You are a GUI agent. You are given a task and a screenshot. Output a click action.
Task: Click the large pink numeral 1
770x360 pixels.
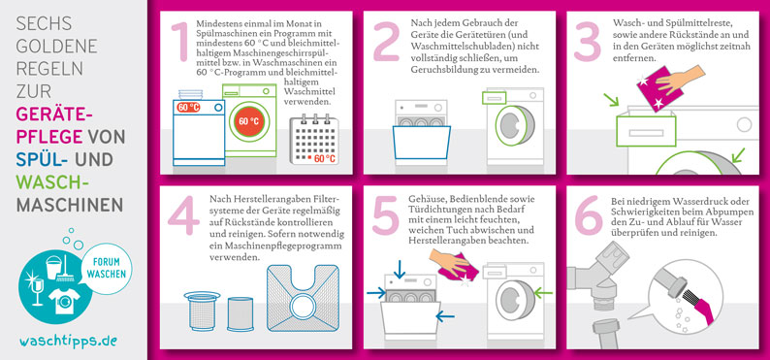click(x=180, y=43)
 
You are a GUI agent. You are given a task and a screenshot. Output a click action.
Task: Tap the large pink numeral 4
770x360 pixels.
click(x=183, y=215)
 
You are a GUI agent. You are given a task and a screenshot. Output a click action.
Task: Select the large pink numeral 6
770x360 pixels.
click(x=588, y=215)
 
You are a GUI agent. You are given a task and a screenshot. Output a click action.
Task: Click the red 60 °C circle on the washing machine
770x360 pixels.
click(x=249, y=121)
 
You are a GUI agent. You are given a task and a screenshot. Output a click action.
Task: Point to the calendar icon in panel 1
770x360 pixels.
click(x=314, y=140)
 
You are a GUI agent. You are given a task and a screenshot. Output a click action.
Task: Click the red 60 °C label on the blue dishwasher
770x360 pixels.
click(x=188, y=107)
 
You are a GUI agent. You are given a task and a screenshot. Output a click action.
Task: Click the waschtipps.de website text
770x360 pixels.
click(x=68, y=341)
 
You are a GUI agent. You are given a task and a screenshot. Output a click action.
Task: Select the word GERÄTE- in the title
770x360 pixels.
click(x=54, y=114)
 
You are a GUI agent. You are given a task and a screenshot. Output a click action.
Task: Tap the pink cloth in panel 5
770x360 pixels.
click(x=454, y=268)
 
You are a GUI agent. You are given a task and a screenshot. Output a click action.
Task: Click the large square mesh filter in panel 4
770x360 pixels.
click(x=303, y=298)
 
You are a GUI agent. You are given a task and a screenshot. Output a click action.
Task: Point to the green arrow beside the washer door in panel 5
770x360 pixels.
click(x=543, y=294)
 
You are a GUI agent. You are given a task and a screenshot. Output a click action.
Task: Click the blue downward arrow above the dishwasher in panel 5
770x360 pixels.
click(x=400, y=269)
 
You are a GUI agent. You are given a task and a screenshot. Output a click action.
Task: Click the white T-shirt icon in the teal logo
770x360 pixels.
click(x=64, y=301)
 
